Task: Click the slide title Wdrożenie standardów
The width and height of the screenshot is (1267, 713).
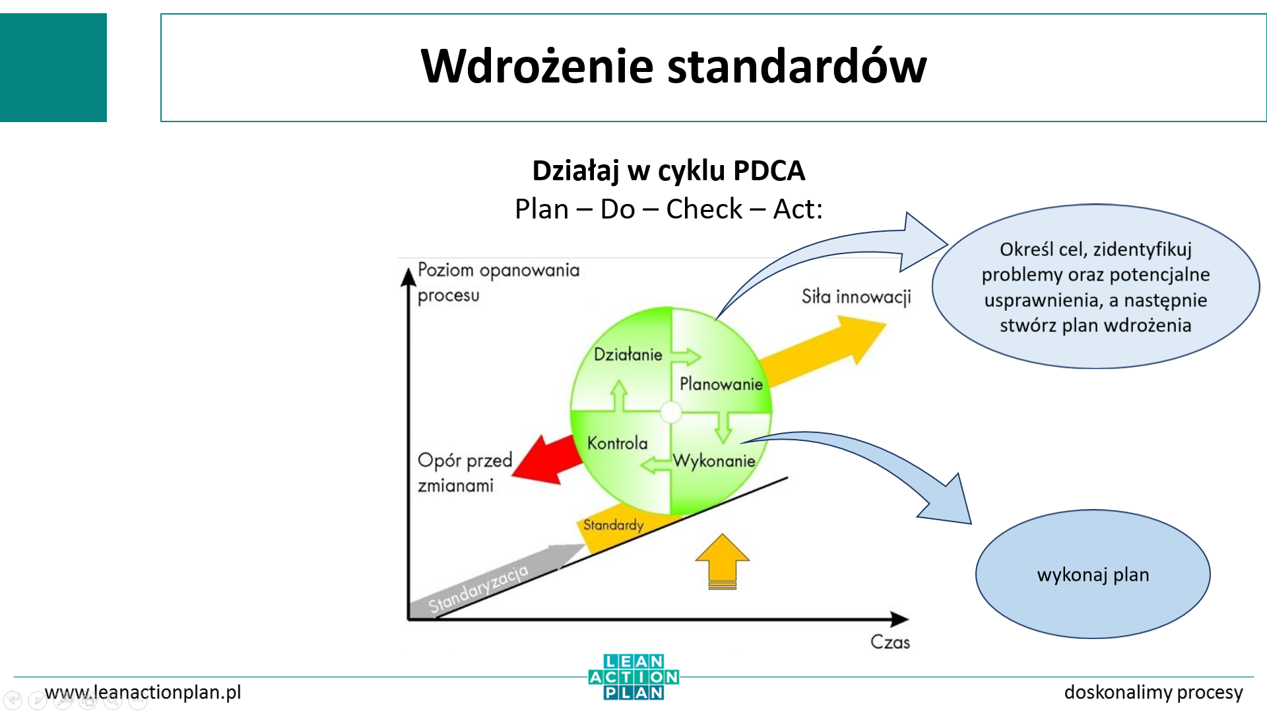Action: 673,66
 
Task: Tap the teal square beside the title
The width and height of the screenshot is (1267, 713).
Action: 53,67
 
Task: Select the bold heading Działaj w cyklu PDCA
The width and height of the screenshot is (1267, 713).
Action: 668,170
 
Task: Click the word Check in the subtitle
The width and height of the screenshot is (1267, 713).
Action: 704,209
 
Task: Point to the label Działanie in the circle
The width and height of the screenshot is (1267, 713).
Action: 628,355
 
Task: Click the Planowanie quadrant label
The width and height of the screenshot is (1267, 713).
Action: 721,384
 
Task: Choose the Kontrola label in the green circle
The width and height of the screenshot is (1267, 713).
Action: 617,443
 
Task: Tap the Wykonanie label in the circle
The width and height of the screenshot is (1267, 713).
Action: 713,461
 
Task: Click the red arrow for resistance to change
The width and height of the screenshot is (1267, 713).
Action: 544,459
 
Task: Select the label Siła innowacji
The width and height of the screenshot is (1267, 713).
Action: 856,297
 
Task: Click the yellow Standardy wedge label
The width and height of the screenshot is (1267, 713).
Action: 613,526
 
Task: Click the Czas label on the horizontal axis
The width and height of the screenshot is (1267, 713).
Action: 890,642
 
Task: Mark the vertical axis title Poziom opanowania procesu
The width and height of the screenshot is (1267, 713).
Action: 498,282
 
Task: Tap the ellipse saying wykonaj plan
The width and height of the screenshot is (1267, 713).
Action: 1093,574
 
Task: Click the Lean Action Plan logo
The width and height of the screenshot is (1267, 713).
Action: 633,677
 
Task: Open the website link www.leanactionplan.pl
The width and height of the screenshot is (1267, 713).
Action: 143,692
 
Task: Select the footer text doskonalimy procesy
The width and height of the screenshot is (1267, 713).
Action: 1153,692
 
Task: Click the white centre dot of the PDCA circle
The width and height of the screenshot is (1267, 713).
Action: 671,412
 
